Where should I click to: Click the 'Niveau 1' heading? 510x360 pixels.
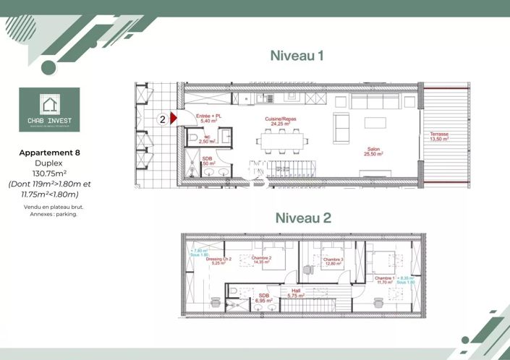(297, 55)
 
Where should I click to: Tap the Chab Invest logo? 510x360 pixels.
(50, 110)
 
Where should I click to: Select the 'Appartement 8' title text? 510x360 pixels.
(50, 153)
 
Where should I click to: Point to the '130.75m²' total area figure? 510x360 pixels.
(50, 173)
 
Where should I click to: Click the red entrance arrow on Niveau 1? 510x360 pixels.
(173, 119)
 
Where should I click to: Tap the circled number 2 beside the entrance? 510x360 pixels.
(163, 119)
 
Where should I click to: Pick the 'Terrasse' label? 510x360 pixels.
(438, 134)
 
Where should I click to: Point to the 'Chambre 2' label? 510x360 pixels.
(261, 257)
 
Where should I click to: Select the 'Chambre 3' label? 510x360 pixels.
(333, 258)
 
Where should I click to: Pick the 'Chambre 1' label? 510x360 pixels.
(384, 278)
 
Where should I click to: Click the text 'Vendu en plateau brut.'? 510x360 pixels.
(50, 207)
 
